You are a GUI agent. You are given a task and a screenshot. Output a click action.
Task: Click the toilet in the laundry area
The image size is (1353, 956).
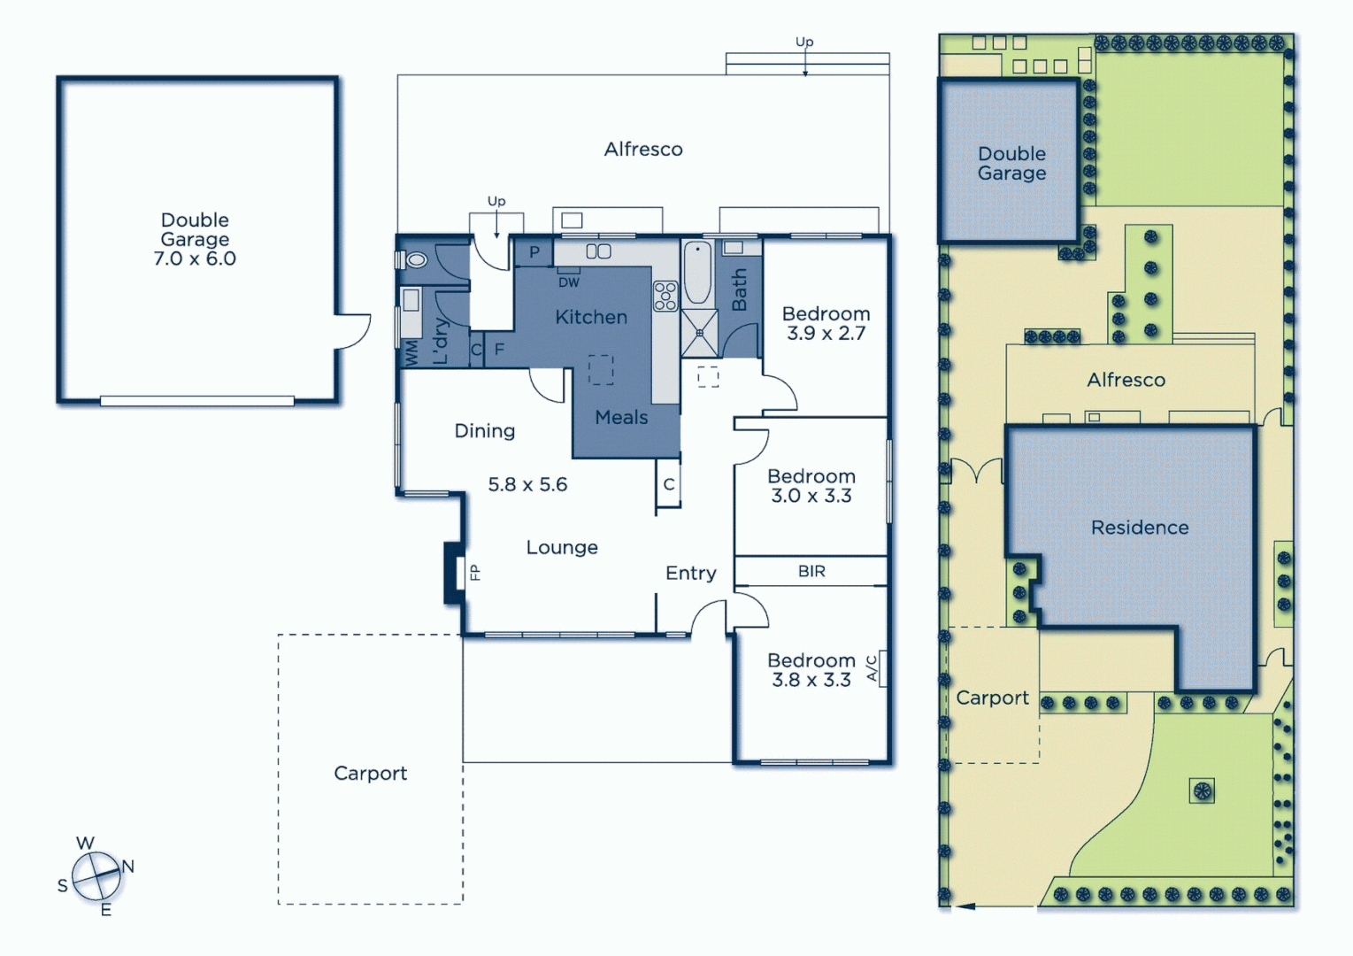tap(414, 260)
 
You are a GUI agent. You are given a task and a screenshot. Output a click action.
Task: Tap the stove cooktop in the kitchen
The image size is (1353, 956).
tap(665, 296)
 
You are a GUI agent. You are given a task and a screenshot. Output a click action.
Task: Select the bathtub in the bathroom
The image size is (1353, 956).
tap(697, 273)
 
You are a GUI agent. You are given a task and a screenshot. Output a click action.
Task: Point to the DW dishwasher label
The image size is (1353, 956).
tap(568, 282)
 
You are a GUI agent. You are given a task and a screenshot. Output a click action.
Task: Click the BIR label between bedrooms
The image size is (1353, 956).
tap(811, 572)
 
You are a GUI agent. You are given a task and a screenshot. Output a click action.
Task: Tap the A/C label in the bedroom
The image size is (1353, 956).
tap(872, 668)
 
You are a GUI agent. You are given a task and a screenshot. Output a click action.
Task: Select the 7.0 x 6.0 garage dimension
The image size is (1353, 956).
tap(195, 258)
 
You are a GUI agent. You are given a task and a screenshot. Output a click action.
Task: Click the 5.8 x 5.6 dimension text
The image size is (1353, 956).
tap(527, 484)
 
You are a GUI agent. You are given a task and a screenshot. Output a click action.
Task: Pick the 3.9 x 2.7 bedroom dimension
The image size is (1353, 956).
tap(826, 334)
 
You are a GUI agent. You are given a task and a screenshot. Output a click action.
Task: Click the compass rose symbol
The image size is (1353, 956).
tap(96, 875)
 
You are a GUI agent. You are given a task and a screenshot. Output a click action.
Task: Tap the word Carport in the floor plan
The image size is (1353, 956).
tap(370, 773)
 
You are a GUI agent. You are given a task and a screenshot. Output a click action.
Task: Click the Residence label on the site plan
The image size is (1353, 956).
tap(1139, 528)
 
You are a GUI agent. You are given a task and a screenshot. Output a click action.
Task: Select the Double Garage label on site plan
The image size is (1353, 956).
tap(1011, 164)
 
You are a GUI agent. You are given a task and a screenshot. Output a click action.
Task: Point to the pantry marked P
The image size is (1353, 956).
tap(534, 252)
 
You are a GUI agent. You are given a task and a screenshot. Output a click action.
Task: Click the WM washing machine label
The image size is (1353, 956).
tap(411, 353)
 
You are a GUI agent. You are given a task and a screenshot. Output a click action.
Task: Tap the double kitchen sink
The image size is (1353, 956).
tap(598, 251)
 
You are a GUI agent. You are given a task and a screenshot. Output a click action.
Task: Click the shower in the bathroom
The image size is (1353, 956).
tap(699, 333)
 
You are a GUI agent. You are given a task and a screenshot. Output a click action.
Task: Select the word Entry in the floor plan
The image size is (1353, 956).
tap(690, 573)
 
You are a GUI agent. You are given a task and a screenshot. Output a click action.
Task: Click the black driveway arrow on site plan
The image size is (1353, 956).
tap(965, 906)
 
